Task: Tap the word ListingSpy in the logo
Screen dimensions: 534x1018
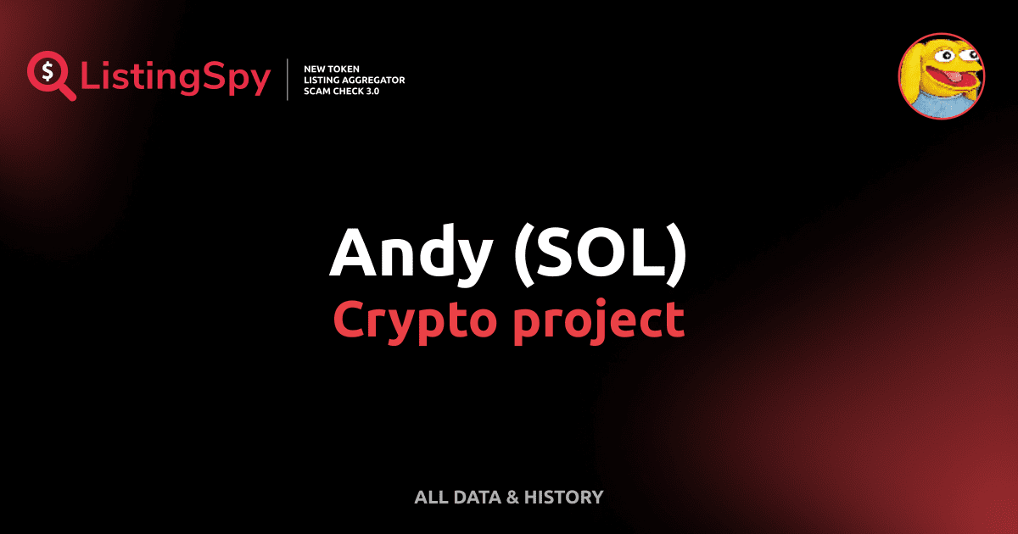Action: [x=176, y=78]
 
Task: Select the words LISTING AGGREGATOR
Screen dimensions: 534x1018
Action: [x=354, y=80]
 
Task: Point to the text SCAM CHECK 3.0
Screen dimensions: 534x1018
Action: [x=341, y=91]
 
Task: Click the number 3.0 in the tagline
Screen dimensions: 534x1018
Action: [x=371, y=91]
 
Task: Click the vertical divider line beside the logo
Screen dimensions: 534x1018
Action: [x=289, y=79]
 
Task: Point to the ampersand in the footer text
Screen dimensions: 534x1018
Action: [x=512, y=497]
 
